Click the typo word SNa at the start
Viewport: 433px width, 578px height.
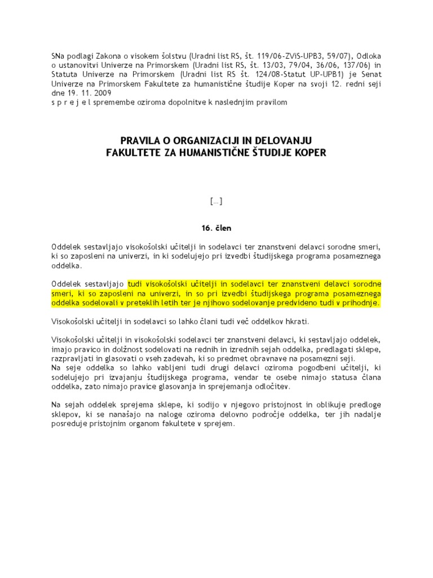tap(59, 56)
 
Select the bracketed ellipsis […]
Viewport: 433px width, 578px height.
tap(216, 201)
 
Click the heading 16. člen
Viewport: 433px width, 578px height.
tap(216, 229)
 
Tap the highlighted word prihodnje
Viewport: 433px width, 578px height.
tap(359, 303)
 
